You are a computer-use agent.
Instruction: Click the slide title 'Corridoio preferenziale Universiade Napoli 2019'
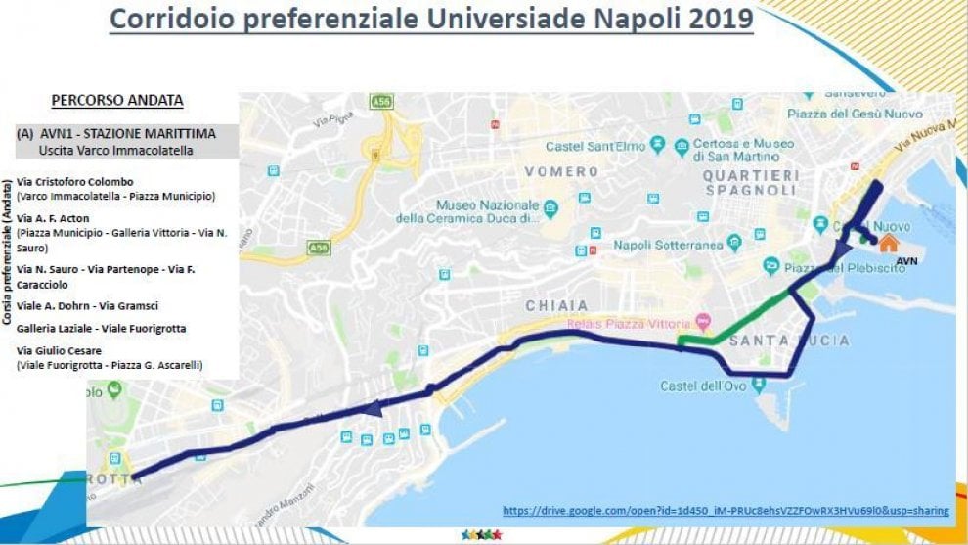coord(431,19)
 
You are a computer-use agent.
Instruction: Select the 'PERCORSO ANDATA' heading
coord(117,100)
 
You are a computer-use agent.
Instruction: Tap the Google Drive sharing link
coord(726,510)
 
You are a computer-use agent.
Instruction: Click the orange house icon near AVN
coord(887,243)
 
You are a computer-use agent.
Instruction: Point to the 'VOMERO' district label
coord(561,171)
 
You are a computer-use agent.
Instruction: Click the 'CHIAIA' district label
coord(557,305)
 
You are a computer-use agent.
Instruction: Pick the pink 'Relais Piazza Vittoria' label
coord(626,322)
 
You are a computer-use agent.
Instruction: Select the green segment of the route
coord(743,318)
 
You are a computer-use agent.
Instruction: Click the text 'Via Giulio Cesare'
coord(60,349)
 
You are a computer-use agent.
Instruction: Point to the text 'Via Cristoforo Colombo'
coord(75,182)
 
